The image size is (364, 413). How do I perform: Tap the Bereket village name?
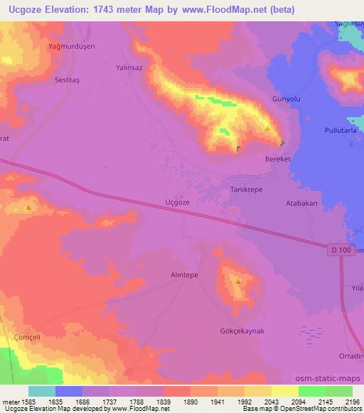coord(279,160)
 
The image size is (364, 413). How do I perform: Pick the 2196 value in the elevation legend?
coord(352,401)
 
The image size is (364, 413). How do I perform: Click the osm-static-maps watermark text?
coord(328,378)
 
